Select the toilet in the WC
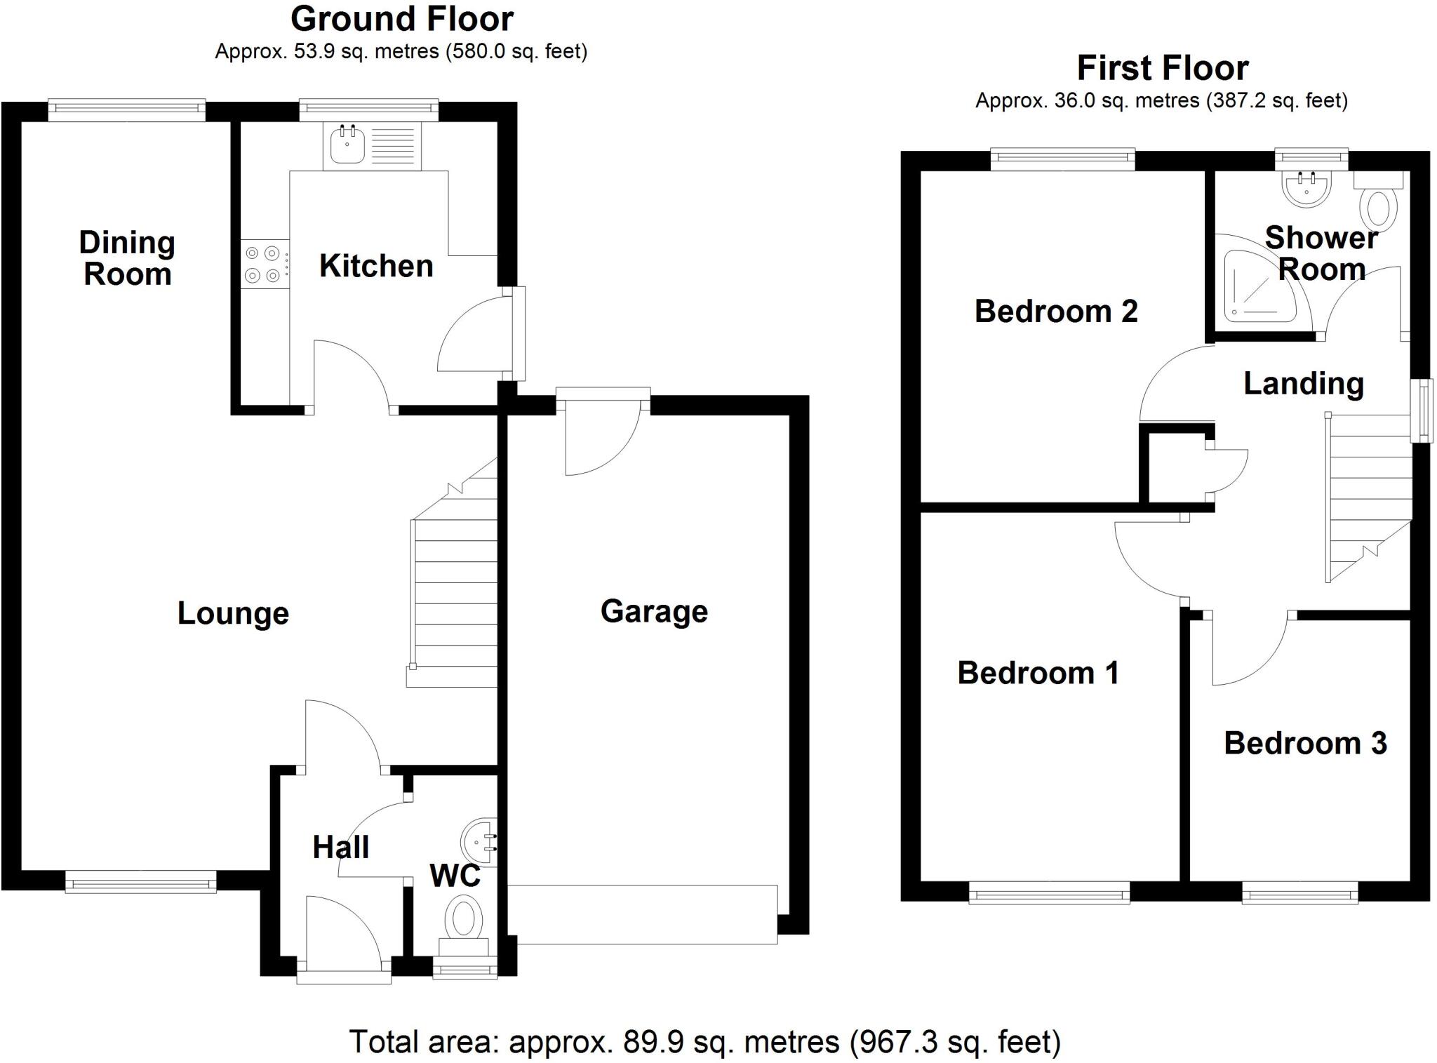(464, 922)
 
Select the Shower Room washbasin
(1306, 188)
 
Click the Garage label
(654, 611)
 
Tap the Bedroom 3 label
(1305, 743)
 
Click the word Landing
(1304, 383)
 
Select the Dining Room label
(127, 258)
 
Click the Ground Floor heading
(401, 19)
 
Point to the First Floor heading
(1163, 68)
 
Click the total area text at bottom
(704, 1042)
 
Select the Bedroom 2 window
(1062, 159)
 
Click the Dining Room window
(127, 109)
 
